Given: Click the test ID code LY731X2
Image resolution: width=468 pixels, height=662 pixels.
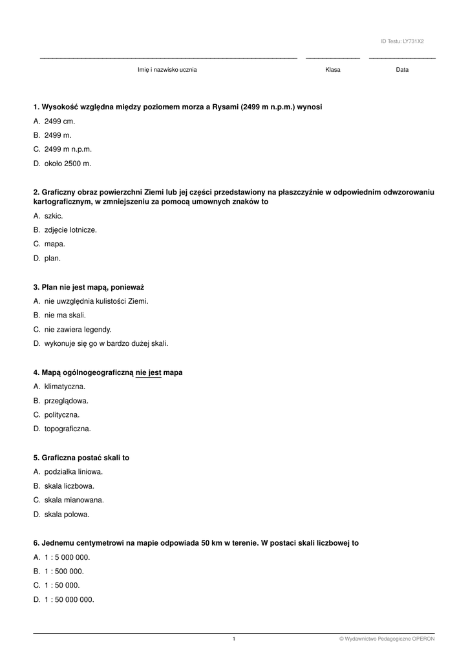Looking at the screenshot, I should [x=413, y=41].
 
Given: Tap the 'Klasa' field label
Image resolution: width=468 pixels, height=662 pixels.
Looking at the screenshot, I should [x=333, y=70].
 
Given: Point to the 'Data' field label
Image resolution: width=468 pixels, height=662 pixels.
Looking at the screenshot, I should [x=402, y=70].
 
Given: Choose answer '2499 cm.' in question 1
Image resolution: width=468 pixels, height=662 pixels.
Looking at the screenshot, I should [x=59, y=121].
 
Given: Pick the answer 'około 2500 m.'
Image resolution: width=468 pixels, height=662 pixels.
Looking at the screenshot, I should [x=67, y=164].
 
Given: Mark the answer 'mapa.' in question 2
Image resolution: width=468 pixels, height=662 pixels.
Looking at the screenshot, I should [x=54, y=244].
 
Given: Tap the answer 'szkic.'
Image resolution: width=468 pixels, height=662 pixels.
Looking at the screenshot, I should [x=54, y=215].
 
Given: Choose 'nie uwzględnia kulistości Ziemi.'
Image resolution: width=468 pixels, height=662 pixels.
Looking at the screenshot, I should [x=96, y=301].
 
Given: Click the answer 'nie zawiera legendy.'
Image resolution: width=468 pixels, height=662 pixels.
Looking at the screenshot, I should [x=78, y=330].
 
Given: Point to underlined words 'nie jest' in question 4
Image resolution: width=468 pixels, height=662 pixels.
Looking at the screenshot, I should [x=148, y=372].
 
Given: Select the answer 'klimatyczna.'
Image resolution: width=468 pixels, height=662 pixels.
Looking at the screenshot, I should [x=65, y=387].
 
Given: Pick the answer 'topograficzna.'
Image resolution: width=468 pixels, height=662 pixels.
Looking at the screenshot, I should [x=67, y=429].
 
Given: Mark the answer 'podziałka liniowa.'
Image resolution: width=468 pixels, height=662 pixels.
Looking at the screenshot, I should [x=73, y=472].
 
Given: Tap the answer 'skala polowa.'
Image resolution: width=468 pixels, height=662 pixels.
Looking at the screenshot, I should [x=67, y=515].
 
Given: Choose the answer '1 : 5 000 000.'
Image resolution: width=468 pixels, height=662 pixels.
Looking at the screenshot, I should [x=67, y=557].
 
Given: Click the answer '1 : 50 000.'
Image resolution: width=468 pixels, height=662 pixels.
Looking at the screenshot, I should [x=62, y=585].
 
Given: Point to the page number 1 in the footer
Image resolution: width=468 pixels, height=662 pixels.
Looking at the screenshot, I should [x=234, y=639].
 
